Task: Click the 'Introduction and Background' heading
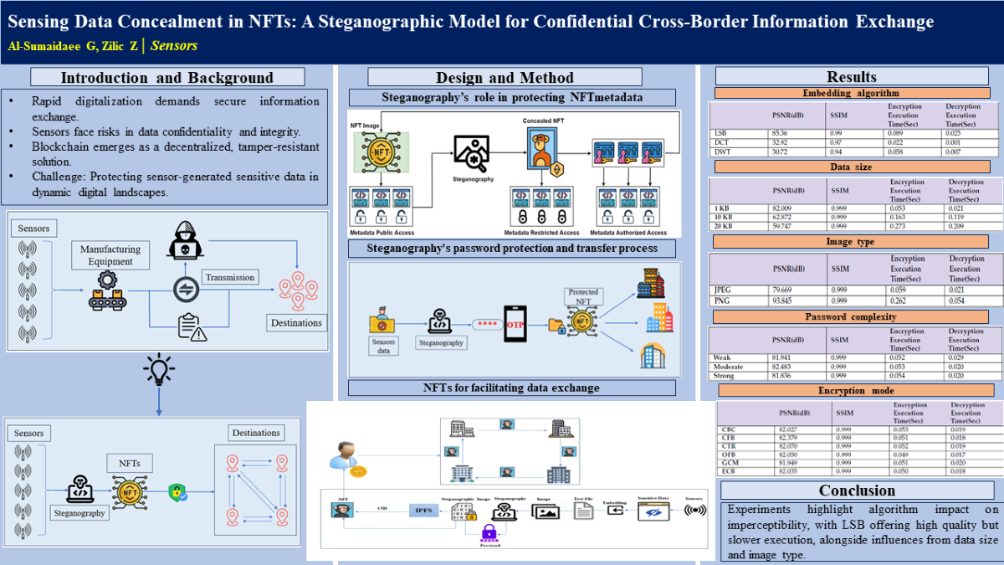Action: (167, 78)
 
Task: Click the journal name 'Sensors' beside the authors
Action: (174, 46)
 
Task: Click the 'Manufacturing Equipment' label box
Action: (110, 255)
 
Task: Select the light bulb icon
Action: (159, 369)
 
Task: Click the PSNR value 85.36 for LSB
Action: (782, 133)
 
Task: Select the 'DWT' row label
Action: (720, 150)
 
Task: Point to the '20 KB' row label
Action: (724, 225)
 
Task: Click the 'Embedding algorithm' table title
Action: (850, 93)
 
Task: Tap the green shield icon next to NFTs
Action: (176, 492)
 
